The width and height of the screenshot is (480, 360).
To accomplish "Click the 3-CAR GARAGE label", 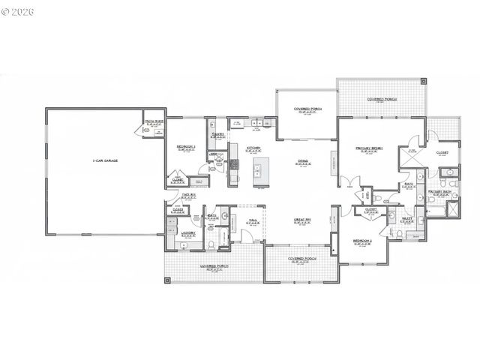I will [x=106, y=160].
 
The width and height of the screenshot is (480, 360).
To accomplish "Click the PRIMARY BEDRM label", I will [x=369, y=148].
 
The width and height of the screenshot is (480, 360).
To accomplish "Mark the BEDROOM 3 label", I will [x=186, y=146].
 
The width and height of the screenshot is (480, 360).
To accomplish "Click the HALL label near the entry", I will [x=253, y=220].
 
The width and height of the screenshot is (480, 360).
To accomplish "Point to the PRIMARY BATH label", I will [x=439, y=192].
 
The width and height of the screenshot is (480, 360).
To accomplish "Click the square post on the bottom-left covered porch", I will [x=168, y=280].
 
